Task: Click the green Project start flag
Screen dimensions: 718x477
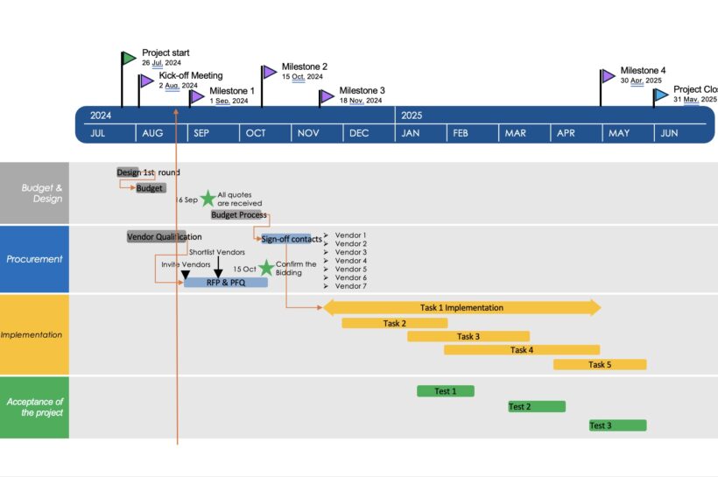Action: [x=129, y=58]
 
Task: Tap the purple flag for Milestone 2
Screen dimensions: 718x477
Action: [x=269, y=72]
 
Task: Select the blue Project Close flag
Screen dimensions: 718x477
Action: [x=661, y=95]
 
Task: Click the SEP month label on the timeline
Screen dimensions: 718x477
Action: [x=201, y=133]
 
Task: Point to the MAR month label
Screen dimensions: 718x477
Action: [x=515, y=133]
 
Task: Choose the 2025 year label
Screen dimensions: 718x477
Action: [x=412, y=116]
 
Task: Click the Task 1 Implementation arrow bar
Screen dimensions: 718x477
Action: [x=462, y=307]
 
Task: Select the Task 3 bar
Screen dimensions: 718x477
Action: [x=468, y=336]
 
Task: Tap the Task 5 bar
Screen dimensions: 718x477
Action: [x=600, y=364]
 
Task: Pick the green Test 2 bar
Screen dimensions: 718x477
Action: [x=537, y=406]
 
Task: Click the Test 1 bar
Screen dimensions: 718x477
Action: [x=446, y=391]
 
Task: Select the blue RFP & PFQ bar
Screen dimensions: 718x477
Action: [x=226, y=283]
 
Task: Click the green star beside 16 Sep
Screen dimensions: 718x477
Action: [x=208, y=199]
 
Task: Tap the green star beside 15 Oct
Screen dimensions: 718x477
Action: [x=266, y=268]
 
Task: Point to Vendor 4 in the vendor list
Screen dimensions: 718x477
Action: [x=351, y=261]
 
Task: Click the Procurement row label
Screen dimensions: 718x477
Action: [x=34, y=259]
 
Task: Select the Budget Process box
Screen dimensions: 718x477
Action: [x=238, y=214]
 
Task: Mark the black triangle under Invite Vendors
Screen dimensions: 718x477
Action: [x=186, y=275]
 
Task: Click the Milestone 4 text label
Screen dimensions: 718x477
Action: [x=643, y=71]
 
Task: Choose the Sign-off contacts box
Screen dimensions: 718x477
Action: [x=292, y=239]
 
